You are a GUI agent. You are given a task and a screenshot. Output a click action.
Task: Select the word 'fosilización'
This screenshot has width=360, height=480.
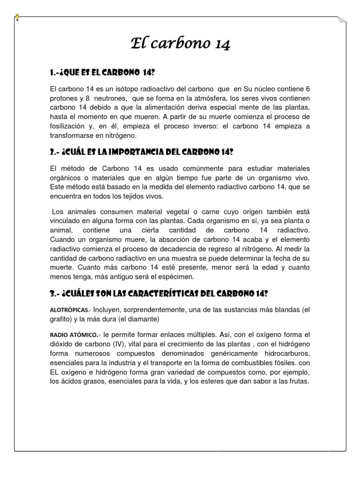click(x=69, y=127)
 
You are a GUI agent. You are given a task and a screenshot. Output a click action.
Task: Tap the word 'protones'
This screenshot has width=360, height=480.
click(x=64, y=98)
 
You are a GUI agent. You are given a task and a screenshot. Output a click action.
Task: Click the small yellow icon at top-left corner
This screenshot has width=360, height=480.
click(x=17, y=18)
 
